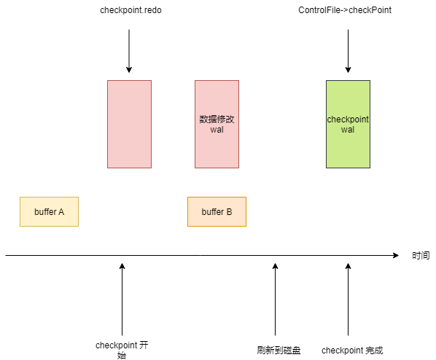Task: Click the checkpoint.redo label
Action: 131,10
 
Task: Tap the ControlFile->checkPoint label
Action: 345,10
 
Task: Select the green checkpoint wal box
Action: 348,125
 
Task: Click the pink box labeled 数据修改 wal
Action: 217,125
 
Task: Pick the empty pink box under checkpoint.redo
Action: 129,125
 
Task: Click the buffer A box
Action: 50,212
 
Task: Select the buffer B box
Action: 217,212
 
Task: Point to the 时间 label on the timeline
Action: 421,256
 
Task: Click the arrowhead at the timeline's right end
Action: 396,255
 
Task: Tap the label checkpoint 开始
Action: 122,350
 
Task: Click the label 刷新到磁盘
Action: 279,351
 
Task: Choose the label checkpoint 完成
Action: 352,351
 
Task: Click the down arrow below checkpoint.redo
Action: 129,51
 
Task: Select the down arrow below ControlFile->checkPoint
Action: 348,51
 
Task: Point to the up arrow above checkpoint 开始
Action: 122,300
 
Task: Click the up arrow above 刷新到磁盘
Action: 276,300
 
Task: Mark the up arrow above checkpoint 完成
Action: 348,300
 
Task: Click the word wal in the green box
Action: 348,130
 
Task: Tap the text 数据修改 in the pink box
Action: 217,120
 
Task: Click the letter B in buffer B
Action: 230,212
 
